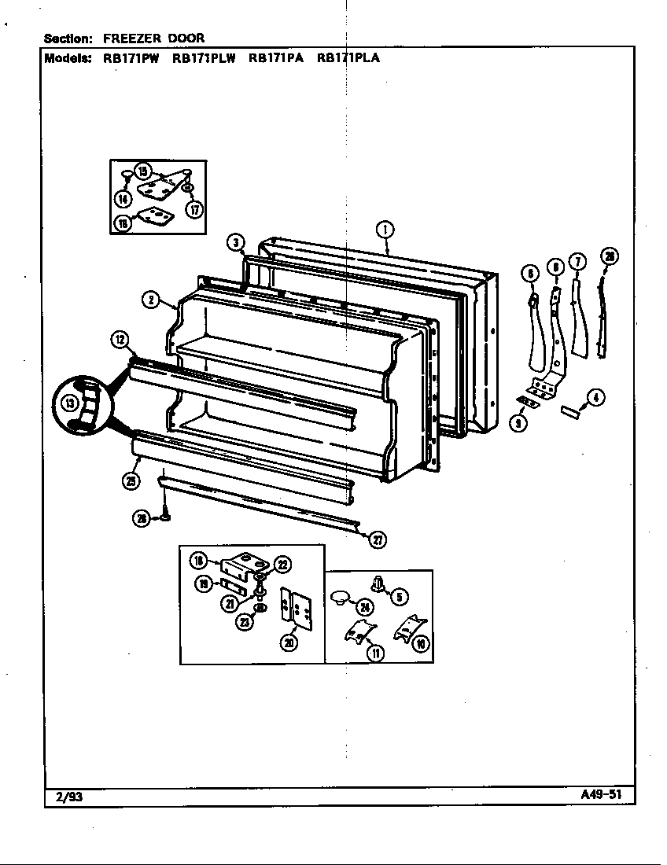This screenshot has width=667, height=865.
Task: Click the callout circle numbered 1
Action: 385,230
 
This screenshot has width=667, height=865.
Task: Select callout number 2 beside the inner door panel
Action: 152,300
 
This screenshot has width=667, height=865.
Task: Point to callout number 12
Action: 119,340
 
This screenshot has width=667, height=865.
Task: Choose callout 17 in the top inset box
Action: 194,208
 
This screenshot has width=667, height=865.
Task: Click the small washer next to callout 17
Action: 187,190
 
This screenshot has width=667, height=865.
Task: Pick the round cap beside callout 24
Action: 341,597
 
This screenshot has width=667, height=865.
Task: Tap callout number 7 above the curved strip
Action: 578,263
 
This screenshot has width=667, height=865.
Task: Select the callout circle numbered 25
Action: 131,481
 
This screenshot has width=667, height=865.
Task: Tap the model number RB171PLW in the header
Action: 204,57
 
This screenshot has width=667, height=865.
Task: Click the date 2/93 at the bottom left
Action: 69,797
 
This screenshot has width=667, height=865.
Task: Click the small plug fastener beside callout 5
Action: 377,584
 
